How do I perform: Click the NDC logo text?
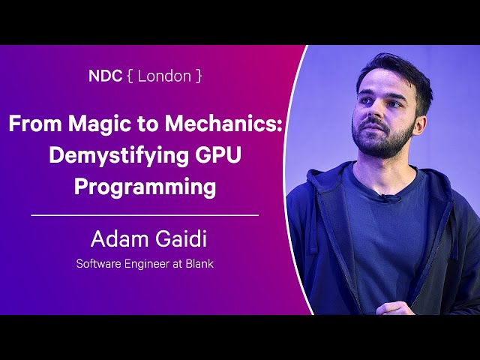(105, 76)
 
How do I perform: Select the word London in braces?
(164, 76)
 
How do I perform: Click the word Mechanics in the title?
(223, 123)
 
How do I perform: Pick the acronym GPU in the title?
(218, 155)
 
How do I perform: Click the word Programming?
(145, 187)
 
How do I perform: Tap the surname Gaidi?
(181, 238)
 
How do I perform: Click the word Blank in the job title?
(199, 263)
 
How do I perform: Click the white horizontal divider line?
(145, 215)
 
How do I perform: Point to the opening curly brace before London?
(130, 76)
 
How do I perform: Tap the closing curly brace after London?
(199, 76)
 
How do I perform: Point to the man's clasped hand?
(396, 307)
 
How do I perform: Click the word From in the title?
(35, 123)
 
